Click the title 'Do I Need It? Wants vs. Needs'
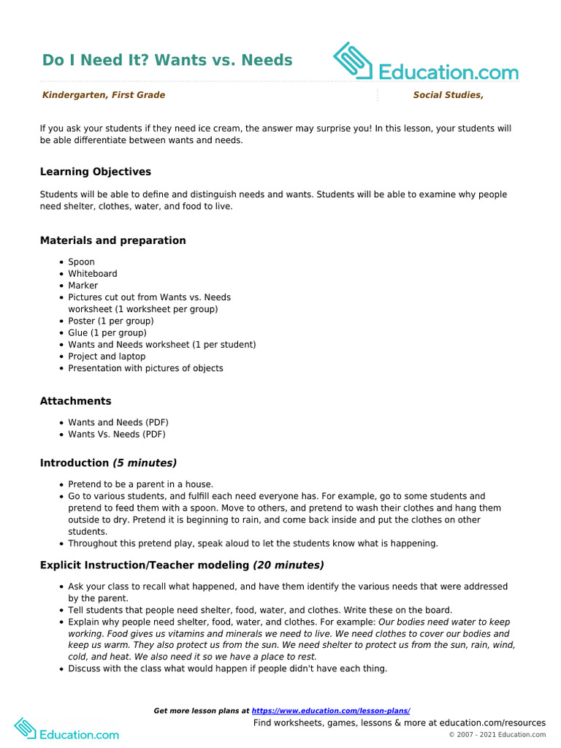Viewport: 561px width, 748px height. click(x=167, y=60)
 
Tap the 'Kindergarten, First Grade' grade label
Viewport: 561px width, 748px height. click(x=103, y=95)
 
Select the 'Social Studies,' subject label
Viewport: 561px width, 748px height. click(x=448, y=95)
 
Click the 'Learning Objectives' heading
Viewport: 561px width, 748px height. click(x=96, y=172)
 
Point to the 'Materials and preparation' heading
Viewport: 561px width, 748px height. click(x=112, y=240)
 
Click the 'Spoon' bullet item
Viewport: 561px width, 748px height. click(x=81, y=262)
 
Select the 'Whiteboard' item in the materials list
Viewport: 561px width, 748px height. click(x=93, y=274)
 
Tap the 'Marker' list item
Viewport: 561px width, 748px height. click(x=83, y=286)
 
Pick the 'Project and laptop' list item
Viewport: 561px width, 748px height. click(x=107, y=356)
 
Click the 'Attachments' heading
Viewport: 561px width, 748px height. click(x=76, y=401)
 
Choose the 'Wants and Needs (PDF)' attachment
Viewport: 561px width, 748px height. click(x=118, y=423)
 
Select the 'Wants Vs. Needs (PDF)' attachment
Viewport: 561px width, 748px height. click(x=117, y=435)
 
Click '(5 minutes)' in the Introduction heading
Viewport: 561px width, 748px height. click(x=145, y=463)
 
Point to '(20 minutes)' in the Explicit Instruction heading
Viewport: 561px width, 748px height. click(x=288, y=565)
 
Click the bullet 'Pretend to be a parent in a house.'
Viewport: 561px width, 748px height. click(x=140, y=484)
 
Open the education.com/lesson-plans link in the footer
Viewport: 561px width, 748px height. click(x=331, y=711)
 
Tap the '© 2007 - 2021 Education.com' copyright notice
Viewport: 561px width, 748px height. click(x=497, y=735)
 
